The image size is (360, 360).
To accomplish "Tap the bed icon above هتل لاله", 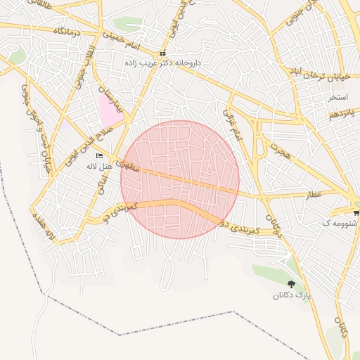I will [x=99, y=156].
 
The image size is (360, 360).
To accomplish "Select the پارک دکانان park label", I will [x=292, y=295].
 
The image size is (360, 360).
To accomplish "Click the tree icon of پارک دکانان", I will [x=291, y=284].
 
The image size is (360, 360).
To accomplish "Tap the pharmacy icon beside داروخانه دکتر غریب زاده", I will [x=162, y=53].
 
